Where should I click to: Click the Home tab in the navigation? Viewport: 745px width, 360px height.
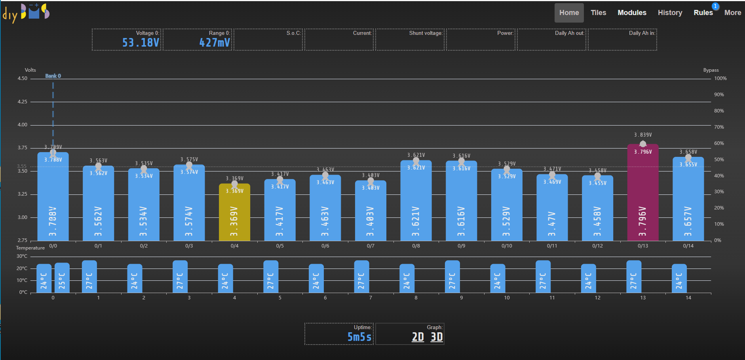tap(569, 13)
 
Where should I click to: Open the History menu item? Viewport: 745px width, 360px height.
tap(670, 13)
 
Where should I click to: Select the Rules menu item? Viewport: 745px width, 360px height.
tap(703, 13)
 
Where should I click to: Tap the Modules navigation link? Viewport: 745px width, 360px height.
tap(632, 13)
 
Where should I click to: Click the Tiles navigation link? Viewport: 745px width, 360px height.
tap(598, 13)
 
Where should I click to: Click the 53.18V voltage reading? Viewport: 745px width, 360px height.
tap(141, 42)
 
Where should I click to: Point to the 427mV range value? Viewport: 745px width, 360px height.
tap(214, 42)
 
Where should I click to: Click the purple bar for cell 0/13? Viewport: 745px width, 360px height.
tap(643, 194)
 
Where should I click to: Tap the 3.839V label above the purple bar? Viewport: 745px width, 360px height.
tap(643, 135)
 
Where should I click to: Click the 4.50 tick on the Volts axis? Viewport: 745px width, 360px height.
tap(23, 78)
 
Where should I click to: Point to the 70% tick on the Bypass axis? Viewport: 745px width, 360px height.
tap(719, 127)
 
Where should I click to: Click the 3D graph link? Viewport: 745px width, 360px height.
tap(437, 337)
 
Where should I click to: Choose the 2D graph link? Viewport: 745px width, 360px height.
tap(418, 337)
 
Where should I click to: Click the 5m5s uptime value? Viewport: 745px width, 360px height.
tap(359, 337)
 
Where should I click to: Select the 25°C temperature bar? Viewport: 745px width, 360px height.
tap(62, 278)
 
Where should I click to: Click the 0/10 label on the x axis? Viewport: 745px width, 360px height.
tap(507, 246)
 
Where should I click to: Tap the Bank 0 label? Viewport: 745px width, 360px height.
tap(53, 76)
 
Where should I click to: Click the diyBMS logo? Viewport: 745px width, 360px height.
tap(26, 13)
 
